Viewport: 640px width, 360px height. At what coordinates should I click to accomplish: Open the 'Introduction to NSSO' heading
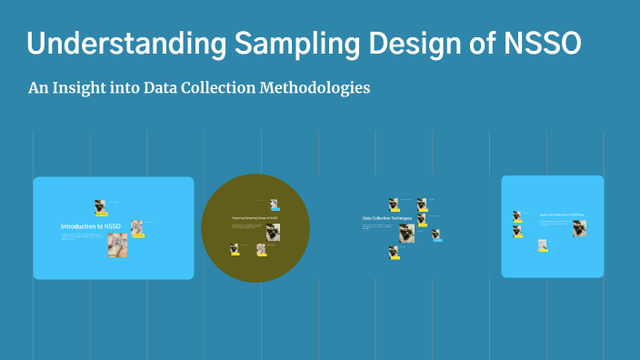pyautogui.click(x=90, y=226)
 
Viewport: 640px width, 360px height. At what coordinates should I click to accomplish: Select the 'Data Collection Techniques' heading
pyautogui.click(x=387, y=219)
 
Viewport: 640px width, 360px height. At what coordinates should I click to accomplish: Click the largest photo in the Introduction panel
pyautogui.click(x=117, y=245)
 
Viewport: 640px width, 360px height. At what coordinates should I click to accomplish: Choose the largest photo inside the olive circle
pyautogui.click(x=273, y=231)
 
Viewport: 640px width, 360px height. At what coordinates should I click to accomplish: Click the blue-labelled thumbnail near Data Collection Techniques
pyautogui.click(x=436, y=235)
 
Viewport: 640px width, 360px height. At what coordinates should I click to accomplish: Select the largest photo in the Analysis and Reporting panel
pyautogui.click(x=579, y=228)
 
